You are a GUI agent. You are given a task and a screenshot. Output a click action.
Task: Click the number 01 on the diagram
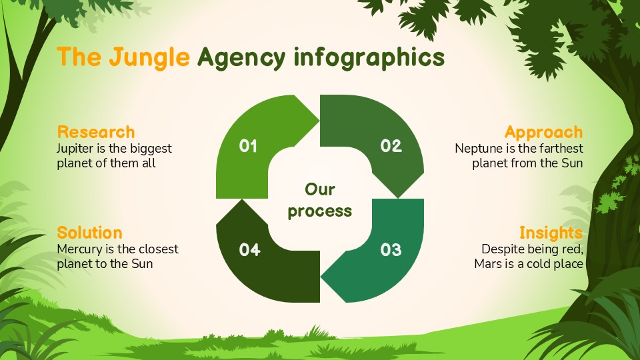pyautogui.click(x=248, y=145)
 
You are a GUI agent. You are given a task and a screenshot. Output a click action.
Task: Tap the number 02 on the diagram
pyautogui.click(x=391, y=145)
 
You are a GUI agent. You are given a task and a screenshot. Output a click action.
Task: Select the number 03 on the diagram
pyautogui.click(x=391, y=249)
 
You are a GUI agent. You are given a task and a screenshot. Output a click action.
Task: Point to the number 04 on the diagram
pyautogui.click(x=249, y=249)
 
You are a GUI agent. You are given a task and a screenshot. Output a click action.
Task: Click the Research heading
pyautogui.click(x=96, y=132)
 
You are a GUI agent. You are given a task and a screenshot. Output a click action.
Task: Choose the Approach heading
pyautogui.click(x=543, y=132)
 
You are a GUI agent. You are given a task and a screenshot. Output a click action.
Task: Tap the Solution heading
pyautogui.click(x=89, y=233)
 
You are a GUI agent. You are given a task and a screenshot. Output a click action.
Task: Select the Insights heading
pyautogui.click(x=551, y=233)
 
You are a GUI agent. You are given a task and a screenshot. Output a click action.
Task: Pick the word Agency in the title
pyautogui.click(x=242, y=58)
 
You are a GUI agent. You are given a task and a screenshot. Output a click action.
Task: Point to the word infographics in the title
pyautogui.click(x=369, y=58)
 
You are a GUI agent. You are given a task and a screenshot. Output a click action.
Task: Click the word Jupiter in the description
pyautogui.click(x=76, y=148)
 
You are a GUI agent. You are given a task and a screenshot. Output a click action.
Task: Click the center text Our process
pyautogui.click(x=320, y=200)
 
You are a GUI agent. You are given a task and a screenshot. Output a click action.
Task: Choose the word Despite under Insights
pyautogui.click(x=502, y=249)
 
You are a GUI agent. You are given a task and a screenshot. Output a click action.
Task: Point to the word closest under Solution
pyautogui.click(x=157, y=249)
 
